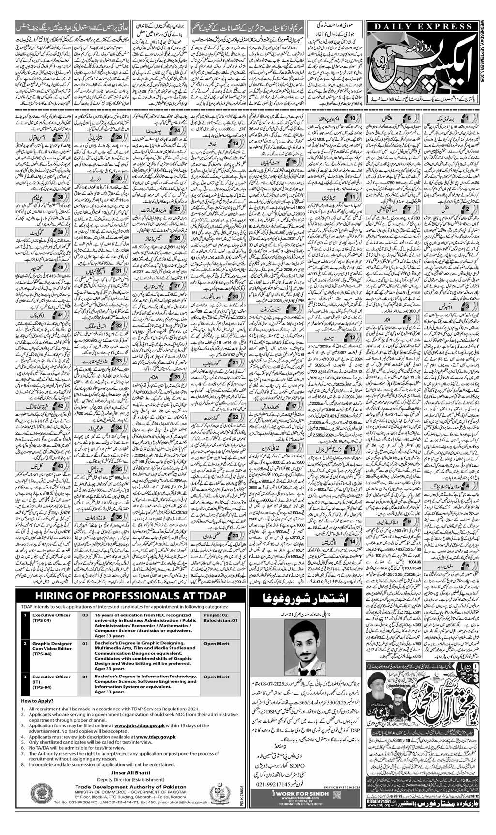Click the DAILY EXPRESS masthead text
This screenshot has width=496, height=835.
(416, 29)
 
